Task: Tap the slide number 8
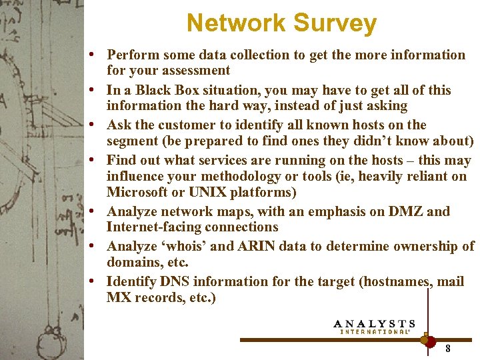click(x=448, y=348)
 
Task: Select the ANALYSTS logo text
click(x=375, y=324)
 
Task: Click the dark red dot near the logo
click(x=430, y=340)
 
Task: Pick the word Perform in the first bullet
click(x=133, y=55)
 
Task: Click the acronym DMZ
click(x=402, y=211)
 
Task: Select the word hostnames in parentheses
click(x=395, y=281)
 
